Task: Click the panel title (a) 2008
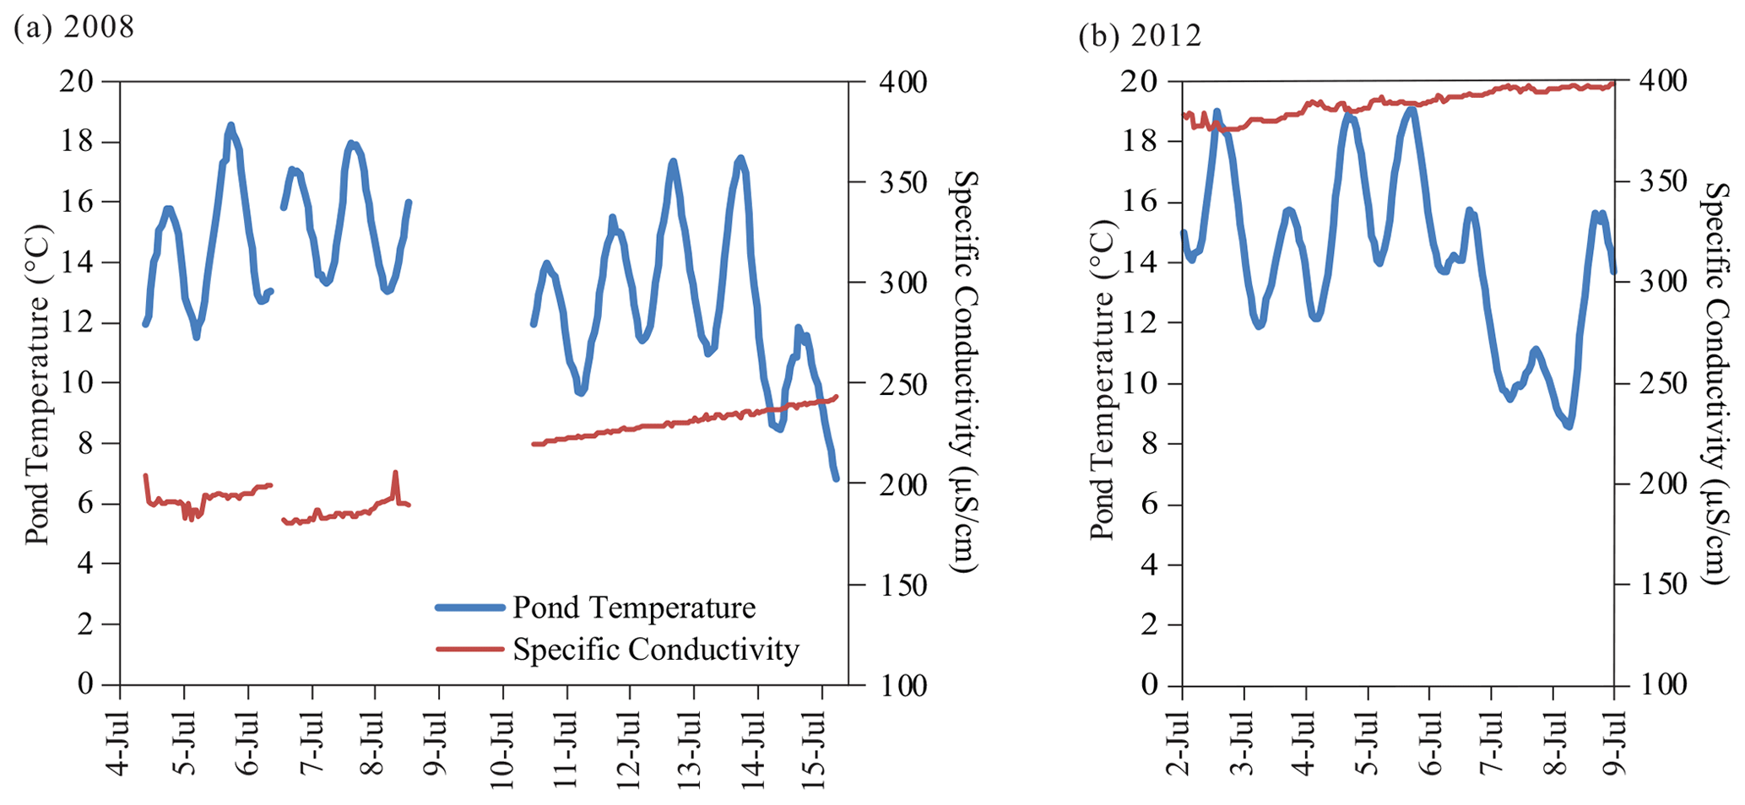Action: click(x=74, y=28)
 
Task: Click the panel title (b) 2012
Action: click(x=1140, y=35)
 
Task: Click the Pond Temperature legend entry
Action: click(x=633, y=608)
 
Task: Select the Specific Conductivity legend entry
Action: click(x=655, y=649)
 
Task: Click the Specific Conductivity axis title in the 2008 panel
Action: click(x=963, y=371)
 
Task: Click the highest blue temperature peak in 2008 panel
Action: click(x=230, y=126)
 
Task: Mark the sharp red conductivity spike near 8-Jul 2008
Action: click(x=395, y=473)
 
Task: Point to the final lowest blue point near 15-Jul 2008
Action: click(x=836, y=478)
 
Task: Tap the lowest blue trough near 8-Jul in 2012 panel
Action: click(x=1569, y=427)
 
